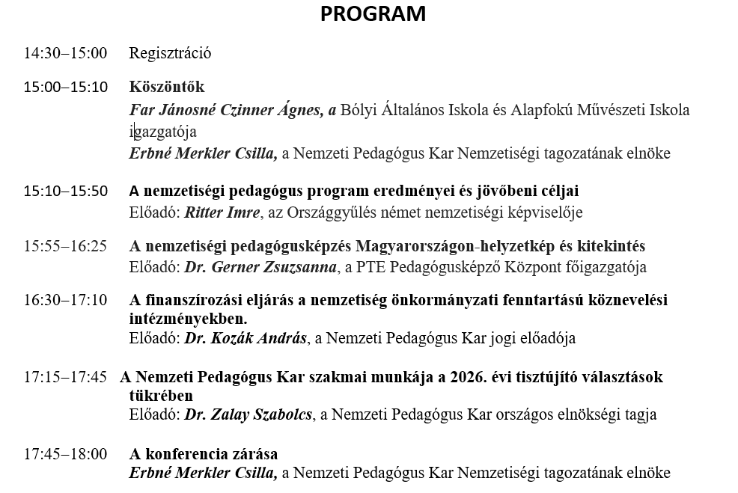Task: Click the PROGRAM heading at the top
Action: point(373,14)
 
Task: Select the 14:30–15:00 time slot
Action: point(65,53)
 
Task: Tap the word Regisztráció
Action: point(170,53)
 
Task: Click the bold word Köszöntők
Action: point(166,87)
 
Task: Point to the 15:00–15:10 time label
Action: point(65,87)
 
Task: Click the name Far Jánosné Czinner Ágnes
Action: point(227,111)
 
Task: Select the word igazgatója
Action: point(162,132)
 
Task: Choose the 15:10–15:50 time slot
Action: point(65,192)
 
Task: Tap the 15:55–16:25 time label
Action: point(65,246)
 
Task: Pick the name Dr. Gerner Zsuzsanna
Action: point(260,267)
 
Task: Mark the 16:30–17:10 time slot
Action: point(65,300)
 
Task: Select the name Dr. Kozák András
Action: point(246,338)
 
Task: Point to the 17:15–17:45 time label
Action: point(65,377)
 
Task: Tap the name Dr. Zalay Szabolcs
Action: point(248,414)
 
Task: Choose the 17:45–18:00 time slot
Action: point(65,454)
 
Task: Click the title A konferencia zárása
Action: point(204,454)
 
